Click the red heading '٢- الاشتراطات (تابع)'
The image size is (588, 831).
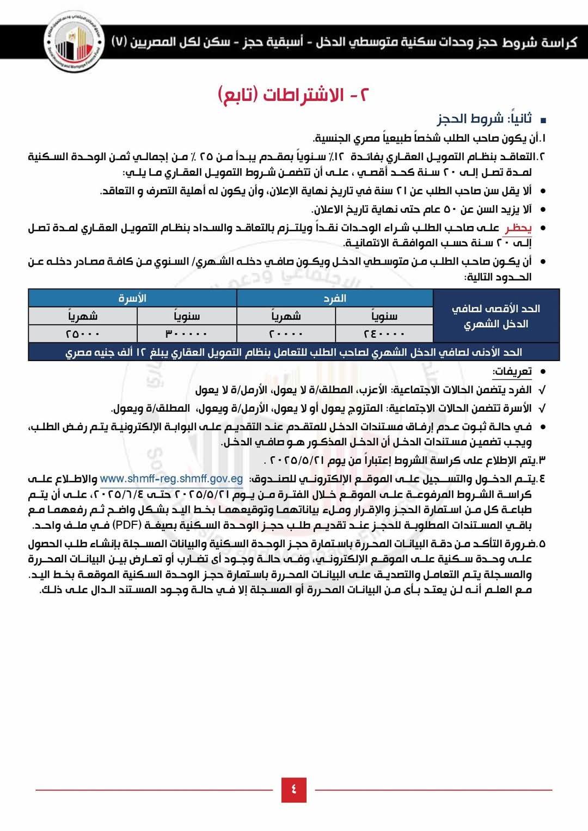tap(293, 94)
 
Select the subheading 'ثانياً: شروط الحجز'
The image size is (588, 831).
tap(484, 119)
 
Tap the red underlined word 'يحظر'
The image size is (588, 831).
tap(518, 228)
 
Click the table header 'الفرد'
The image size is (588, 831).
tap(335, 298)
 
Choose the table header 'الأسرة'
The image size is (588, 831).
tap(132, 298)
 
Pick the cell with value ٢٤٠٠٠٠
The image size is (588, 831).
tap(384, 333)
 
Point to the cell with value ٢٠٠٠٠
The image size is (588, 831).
tap(286, 333)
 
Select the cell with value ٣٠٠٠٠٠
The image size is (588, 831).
tap(186, 333)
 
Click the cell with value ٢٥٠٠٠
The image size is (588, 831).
tap(83, 333)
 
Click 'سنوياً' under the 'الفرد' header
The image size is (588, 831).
tap(384, 316)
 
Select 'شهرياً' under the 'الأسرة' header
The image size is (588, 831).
tap(83, 316)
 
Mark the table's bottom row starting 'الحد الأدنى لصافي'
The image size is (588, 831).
tap(293, 352)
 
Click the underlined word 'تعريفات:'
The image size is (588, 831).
tap(512, 371)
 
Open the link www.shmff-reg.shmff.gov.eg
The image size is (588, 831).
tap(171, 479)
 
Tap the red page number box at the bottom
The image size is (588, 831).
tap(293, 789)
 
